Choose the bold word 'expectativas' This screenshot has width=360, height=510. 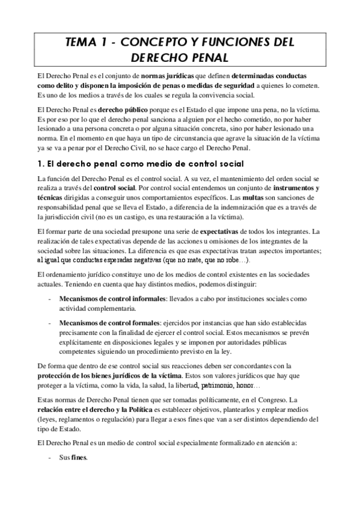(x=230, y=230)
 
